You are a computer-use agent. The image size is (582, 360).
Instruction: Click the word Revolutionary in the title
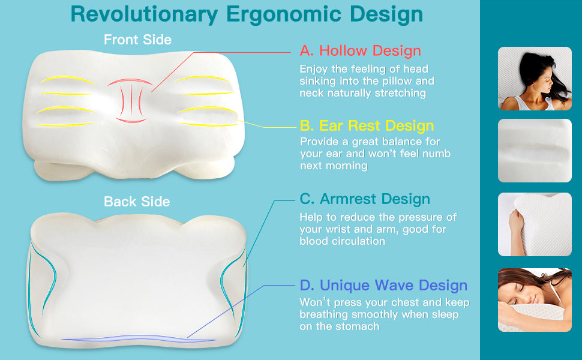click(144, 15)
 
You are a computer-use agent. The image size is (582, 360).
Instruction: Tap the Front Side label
click(138, 40)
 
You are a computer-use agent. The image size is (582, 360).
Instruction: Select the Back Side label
click(137, 202)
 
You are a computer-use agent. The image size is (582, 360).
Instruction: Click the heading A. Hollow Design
click(361, 50)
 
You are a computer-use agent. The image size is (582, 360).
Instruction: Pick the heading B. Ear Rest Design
click(367, 125)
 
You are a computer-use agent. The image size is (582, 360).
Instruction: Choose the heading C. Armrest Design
click(365, 199)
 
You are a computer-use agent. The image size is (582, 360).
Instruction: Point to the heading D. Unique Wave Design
click(383, 285)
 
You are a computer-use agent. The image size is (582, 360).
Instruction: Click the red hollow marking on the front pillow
click(131, 100)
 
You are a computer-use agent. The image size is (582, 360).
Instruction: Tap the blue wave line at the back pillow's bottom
click(139, 338)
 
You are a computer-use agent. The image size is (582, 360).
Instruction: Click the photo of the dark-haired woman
click(535, 79)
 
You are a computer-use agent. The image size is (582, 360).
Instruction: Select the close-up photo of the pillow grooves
click(535, 151)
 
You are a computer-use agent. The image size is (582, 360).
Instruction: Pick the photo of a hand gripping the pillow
click(535, 224)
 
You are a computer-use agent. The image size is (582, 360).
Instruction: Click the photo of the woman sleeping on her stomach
click(535, 300)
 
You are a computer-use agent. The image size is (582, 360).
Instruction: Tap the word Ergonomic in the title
click(284, 15)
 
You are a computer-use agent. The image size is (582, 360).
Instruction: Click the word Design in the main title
click(386, 15)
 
